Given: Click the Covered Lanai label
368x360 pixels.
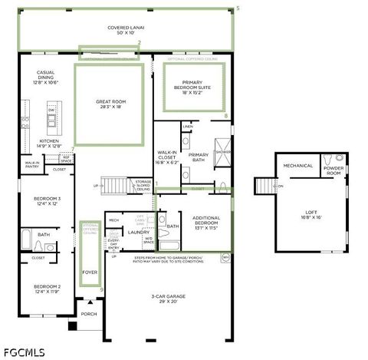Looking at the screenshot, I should coord(126,30).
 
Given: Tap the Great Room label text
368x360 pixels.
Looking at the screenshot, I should coord(109,104).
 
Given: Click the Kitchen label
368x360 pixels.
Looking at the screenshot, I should coord(49,144).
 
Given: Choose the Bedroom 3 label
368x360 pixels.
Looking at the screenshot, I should coord(47,201).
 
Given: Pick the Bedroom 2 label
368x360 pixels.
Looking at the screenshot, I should coord(47,289).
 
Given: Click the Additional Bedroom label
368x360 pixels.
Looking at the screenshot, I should coord(206,223).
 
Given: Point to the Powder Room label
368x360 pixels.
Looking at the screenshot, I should coord(333,170).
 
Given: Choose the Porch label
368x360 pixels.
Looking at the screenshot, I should coord(89,314).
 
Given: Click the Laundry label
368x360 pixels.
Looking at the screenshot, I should coord(138,232).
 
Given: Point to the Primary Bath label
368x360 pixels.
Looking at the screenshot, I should coord(199,157).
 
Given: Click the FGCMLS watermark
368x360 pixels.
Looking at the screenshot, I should coord(24,352).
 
